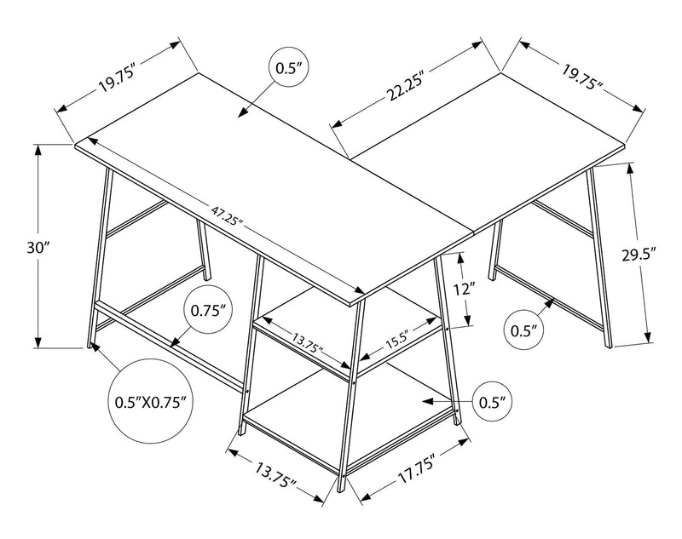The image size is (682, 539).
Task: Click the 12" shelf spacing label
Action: coord(462,290)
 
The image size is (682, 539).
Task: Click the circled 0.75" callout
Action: coord(211,311)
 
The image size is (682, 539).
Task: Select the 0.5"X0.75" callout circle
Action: coord(149,399)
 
